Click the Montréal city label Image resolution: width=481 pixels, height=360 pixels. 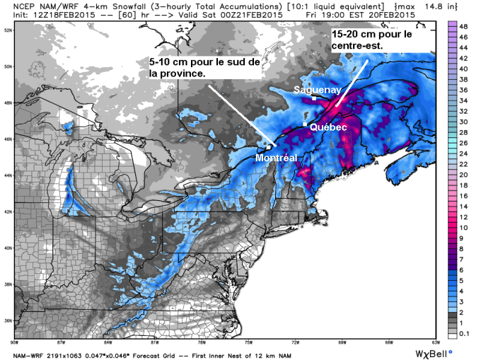pos(276,158)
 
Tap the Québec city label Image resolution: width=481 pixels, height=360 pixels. pos(328,127)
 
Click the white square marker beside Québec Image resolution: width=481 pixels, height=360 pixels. pos(305,124)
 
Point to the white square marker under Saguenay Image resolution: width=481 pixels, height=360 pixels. pos(314,98)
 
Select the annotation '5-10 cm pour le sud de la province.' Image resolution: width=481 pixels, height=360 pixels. pos(205,68)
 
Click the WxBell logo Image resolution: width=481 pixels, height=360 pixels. pos(432,352)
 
